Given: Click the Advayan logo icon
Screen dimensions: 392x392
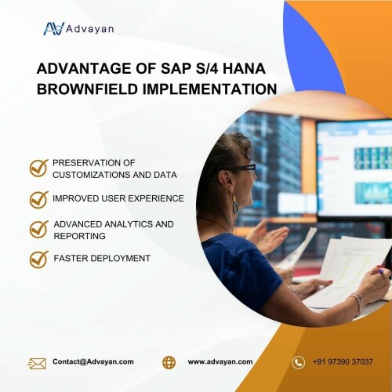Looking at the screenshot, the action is pyautogui.click(x=54, y=28).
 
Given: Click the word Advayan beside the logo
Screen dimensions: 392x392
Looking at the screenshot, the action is pyautogui.click(x=89, y=29).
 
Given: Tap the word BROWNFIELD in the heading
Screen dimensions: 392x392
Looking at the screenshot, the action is pyautogui.click(x=87, y=89).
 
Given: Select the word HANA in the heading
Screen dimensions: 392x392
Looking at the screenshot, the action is pyautogui.click(x=245, y=68).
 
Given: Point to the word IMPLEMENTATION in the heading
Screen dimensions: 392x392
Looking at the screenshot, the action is pyautogui.click(x=209, y=89).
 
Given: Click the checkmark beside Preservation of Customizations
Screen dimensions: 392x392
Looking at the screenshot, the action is pyautogui.click(x=39, y=168).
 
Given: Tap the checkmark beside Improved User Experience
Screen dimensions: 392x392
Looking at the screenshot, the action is pyautogui.click(x=39, y=199).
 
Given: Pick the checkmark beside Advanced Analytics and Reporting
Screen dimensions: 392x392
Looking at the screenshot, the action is pyautogui.click(x=39, y=229).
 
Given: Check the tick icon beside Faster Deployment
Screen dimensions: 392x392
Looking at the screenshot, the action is pyautogui.click(x=39, y=260).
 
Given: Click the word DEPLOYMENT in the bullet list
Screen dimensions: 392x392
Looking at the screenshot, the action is pyautogui.click(x=120, y=258).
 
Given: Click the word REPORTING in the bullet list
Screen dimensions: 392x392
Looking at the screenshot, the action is pyautogui.click(x=80, y=236).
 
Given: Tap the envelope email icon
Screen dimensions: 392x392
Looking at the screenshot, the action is pyautogui.click(x=37, y=363).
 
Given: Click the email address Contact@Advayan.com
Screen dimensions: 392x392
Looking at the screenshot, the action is pyautogui.click(x=93, y=361).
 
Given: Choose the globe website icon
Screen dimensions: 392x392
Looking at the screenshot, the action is pyautogui.click(x=169, y=362).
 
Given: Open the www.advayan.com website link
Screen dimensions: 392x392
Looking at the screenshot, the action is pyautogui.click(x=220, y=362).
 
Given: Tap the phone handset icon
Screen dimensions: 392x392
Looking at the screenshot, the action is pyautogui.click(x=298, y=362).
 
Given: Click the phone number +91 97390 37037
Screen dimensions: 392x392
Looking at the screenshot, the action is pyautogui.click(x=343, y=362).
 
